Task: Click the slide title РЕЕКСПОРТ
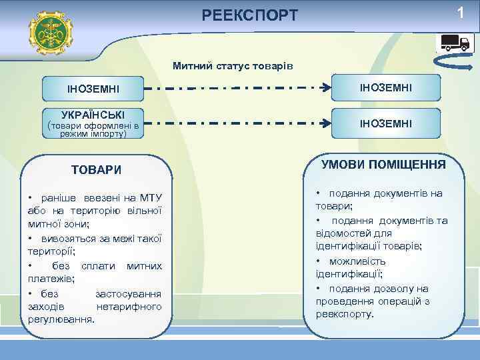250,15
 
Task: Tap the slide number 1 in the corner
459,13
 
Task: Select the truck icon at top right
455,42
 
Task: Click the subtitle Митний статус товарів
232,66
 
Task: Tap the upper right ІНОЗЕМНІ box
386,88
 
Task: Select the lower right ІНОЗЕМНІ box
386,123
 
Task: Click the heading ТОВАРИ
96,170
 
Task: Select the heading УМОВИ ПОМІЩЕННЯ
383,164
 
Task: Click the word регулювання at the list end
61,319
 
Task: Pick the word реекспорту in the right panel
345,313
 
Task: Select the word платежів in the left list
50,279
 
